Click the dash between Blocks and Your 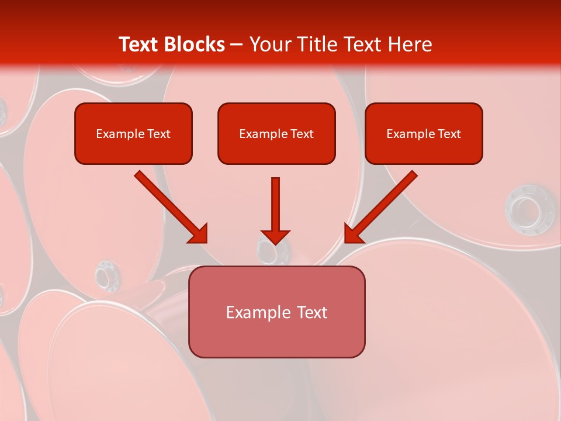[237, 44]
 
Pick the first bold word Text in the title [141, 44]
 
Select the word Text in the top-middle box [302, 134]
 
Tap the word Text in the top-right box [449, 134]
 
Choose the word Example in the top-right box [411, 134]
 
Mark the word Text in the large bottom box [312, 312]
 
